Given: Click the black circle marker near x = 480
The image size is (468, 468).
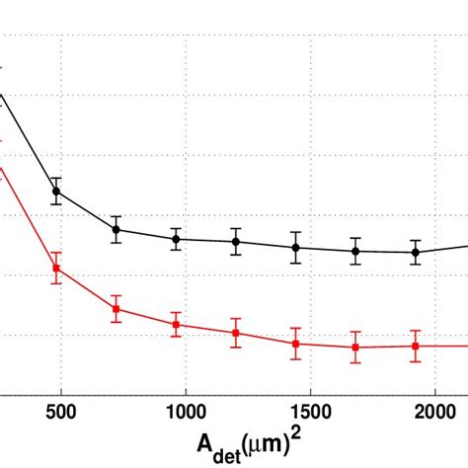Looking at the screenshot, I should coord(56,192).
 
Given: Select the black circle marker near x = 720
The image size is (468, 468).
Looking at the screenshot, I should coord(117,229).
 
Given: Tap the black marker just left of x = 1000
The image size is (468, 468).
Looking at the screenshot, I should coord(176,239).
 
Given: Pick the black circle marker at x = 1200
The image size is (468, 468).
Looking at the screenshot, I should coord(236,242).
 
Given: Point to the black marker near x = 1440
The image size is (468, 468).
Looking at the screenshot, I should coord(295,248).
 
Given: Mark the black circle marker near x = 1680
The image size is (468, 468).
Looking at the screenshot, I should coord(355,251).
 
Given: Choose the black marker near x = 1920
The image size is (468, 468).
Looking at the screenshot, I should coord(416,252).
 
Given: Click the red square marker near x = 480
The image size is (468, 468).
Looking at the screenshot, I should coord(56,269).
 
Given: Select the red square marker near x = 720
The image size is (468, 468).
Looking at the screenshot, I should coord(117,309).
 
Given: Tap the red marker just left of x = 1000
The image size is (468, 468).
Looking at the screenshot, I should coord(176,325).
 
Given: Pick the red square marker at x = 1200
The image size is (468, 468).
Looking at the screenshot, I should coord(236,333).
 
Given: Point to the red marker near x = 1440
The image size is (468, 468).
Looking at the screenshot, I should coord(295,344).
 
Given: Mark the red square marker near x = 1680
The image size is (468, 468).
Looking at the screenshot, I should coord(355,347).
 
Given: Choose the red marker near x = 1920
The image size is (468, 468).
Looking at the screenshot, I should coord(416,346).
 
